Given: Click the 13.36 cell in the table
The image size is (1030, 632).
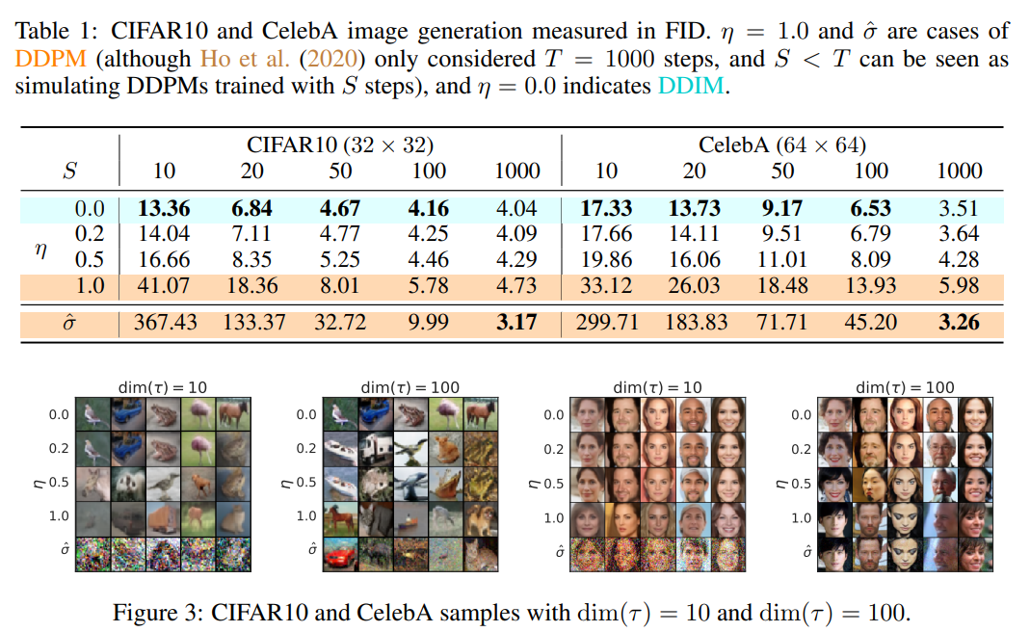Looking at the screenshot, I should [164, 207].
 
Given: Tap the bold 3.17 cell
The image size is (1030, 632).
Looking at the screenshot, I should [516, 322].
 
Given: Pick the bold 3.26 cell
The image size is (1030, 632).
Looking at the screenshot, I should [959, 322].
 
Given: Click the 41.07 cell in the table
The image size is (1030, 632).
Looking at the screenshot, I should [164, 285].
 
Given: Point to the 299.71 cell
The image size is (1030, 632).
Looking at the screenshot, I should [606, 322].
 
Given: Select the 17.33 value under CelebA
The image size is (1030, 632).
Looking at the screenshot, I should [606, 207].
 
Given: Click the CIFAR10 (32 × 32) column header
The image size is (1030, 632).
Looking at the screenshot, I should [340, 145].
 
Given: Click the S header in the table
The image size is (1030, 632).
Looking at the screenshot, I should [70, 171].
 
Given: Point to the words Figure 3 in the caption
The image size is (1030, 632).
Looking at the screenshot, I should [157, 612].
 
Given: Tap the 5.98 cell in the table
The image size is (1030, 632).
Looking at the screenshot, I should [959, 285].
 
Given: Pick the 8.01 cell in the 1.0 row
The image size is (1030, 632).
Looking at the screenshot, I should [340, 285].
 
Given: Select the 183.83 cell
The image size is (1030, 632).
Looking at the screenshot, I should [694, 322].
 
